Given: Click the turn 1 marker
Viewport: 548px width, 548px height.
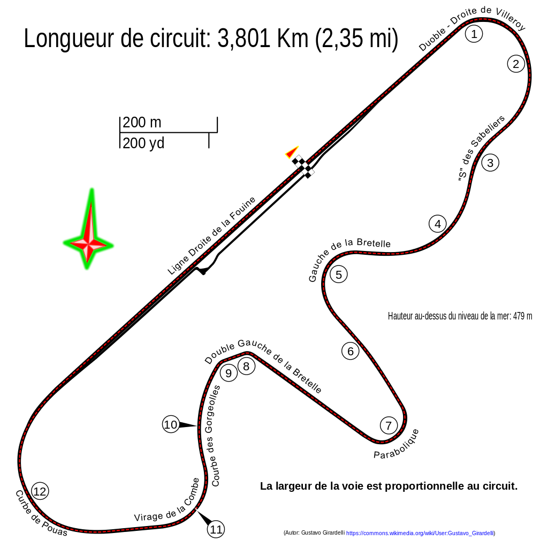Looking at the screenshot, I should click(474, 34).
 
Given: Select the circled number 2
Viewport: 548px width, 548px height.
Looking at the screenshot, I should click(516, 64).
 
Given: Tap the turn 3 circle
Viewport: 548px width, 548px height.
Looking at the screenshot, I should click(490, 163).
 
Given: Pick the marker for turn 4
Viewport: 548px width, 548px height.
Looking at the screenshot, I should click(438, 224).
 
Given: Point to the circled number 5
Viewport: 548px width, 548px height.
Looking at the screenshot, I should click(339, 275).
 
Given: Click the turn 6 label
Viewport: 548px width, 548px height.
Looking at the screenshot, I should click(351, 351).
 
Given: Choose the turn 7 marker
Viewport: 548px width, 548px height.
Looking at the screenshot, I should click(389, 426).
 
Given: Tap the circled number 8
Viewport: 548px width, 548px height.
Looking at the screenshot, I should click(246, 366).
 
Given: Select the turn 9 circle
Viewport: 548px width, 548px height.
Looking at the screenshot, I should click(229, 373).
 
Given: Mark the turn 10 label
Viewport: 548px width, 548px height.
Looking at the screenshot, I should click(171, 424).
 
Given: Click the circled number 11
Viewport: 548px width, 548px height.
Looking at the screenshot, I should click(216, 529).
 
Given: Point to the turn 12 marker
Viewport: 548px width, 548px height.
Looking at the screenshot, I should click(40, 491).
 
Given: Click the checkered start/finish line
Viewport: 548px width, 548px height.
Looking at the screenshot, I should click(304, 165).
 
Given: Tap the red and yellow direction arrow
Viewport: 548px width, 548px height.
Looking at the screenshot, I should click(292, 153).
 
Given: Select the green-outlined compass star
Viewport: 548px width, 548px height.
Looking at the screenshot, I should click(88, 235).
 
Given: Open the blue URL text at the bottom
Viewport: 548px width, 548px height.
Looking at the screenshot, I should click(420, 533).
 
